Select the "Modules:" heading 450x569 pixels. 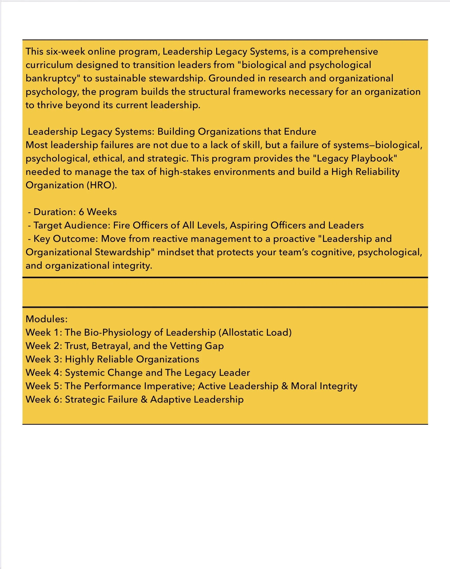pyautogui.click(x=47, y=319)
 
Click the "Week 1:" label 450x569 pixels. pyautogui.click(x=44, y=333)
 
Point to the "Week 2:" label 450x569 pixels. pyautogui.click(x=44, y=346)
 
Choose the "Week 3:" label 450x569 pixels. pyautogui.click(x=44, y=359)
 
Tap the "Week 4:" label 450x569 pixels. pyautogui.click(x=44, y=373)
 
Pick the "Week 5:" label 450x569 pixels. pyautogui.click(x=44, y=386)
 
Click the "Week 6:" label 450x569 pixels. pyautogui.click(x=44, y=400)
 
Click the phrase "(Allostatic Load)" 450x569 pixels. pyautogui.click(x=255, y=333)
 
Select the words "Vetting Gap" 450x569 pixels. pyautogui.click(x=199, y=346)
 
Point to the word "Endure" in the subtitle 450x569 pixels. pyautogui.click(x=300, y=132)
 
